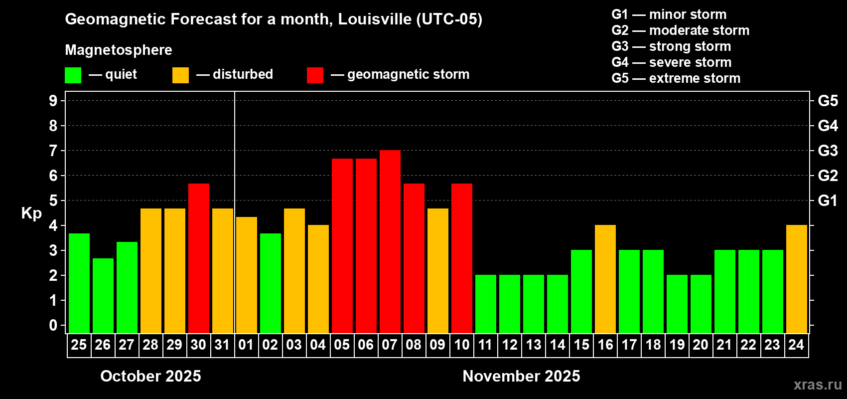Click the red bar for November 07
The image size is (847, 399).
tap(390, 242)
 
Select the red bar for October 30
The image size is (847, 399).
tap(198, 258)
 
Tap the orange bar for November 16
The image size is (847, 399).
tap(605, 279)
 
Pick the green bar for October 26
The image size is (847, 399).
tap(103, 296)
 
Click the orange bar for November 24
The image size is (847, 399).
tap(796, 279)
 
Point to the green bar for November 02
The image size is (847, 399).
tap(270, 283)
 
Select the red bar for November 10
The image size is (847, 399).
tap(461, 258)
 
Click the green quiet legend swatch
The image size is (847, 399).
tap(73, 75)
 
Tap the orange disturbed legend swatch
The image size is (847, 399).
tap(180, 75)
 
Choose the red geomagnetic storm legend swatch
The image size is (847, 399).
tap(315, 75)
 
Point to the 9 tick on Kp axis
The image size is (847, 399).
tap(53, 101)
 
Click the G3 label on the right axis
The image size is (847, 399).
tap(828, 151)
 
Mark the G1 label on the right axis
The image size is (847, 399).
tap(828, 200)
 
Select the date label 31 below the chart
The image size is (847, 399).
tap(222, 345)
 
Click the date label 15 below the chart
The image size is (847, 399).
tap(581, 345)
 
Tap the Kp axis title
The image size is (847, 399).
tap(31, 213)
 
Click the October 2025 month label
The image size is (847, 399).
tap(150, 376)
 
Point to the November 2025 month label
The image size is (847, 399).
tap(521, 376)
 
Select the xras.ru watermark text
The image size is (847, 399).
tap(818, 385)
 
